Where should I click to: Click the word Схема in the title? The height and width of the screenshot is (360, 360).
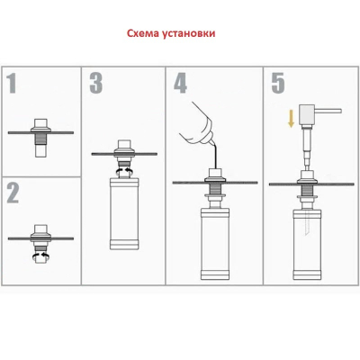tap(143, 33)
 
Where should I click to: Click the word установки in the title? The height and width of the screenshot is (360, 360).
tap(189, 33)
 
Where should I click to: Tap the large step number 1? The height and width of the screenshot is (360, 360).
tap(12, 83)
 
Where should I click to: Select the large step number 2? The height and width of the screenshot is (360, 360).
tap(13, 193)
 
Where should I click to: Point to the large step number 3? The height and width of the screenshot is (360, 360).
tap(96, 83)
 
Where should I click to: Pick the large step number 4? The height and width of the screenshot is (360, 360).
tap(181, 83)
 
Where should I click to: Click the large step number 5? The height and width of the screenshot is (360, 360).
tap(278, 83)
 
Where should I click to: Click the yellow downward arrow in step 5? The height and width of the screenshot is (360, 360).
tap(291, 119)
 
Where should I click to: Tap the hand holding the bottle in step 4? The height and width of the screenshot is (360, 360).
tap(197, 125)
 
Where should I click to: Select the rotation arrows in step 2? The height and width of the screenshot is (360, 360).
tap(41, 256)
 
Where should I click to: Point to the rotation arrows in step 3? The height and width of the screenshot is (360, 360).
tap(124, 171)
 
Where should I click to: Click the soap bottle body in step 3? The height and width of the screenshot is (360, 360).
tap(124, 214)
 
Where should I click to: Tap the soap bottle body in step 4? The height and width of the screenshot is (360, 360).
tap(215, 245)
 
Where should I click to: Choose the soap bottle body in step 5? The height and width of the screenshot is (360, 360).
tap(307, 245)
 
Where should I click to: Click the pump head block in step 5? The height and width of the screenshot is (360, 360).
tap(307, 115)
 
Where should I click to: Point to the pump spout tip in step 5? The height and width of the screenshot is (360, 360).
tap(340, 111)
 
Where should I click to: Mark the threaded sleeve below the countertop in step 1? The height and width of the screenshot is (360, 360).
tap(41, 139)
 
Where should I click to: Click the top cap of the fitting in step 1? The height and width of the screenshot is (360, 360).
tap(41, 123)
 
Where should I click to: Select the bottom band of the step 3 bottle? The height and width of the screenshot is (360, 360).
tap(124, 245)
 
